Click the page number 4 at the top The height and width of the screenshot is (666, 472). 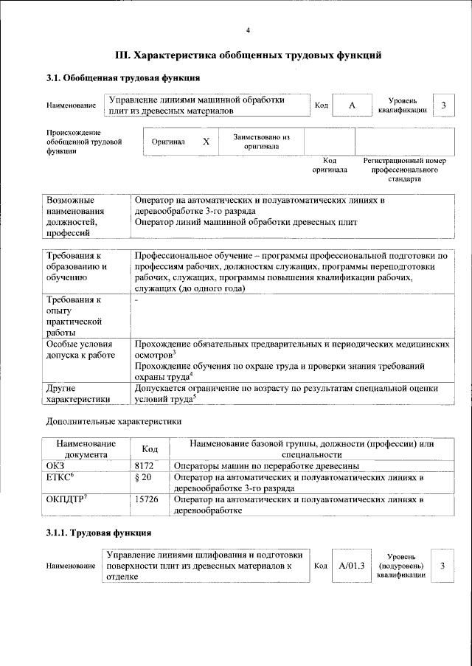click(x=248, y=30)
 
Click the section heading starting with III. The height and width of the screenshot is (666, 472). click(x=248, y=55)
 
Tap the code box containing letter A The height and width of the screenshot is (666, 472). click(x=352, y=106)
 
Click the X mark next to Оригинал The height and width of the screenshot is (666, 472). click(x=206, y=141)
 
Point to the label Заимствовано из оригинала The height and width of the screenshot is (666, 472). click(x=261, y=141)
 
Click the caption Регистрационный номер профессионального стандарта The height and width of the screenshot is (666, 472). click(x=405, y=169)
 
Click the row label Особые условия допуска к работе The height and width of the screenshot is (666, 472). click(x=80, y=350)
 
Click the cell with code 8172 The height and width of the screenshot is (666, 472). click(x=147, y=466)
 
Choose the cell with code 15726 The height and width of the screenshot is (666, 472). click(x=150, y=500)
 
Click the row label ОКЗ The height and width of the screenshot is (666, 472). click(x=56, y=466)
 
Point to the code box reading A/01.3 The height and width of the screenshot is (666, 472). click(x=352, y=566)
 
